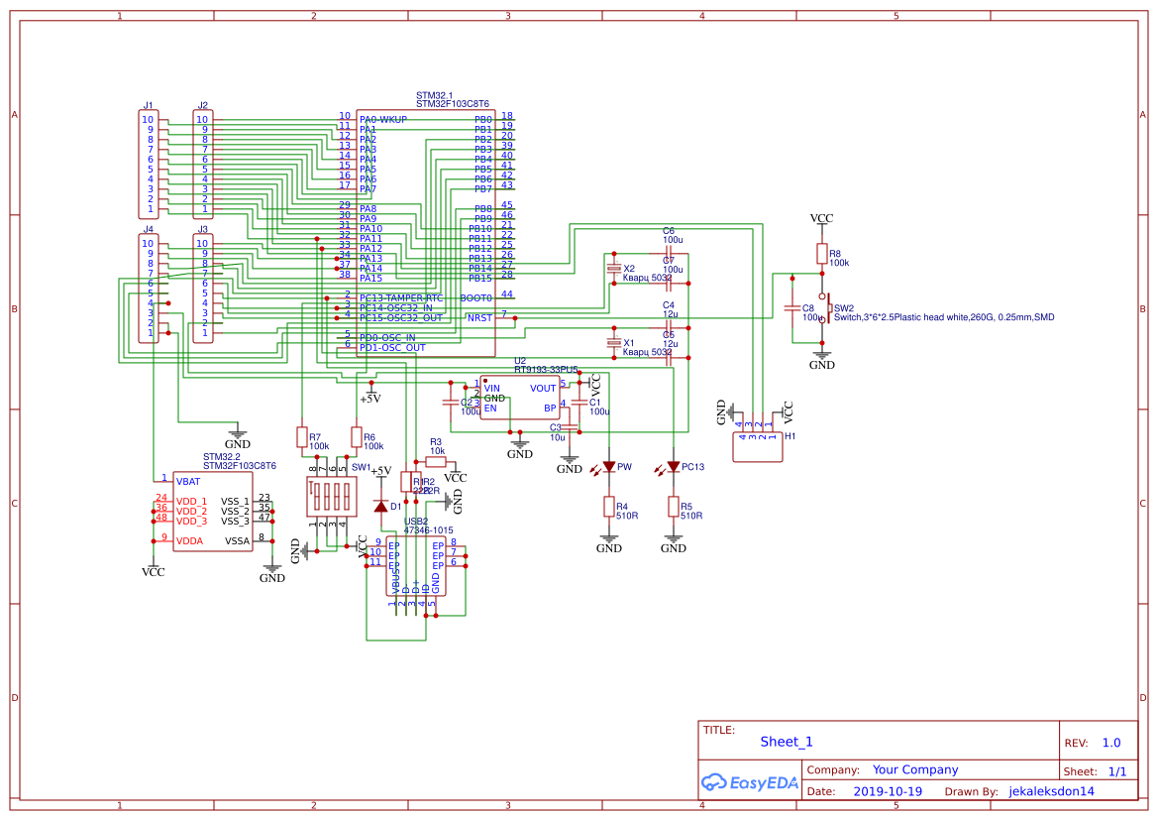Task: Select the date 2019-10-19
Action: (x=887, y=792)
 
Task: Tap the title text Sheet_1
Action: (x=787, y=742)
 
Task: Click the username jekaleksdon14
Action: (x=1051, y=792)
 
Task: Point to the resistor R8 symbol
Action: (x=821, y=254)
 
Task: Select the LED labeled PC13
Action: (x=674, y=467)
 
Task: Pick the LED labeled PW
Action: (x=608, y=467)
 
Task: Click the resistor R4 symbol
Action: (x=608, y=507)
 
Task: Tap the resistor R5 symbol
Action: (x=674, y=507)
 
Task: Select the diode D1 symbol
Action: (x=380, y=506)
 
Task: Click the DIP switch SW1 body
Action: (x=329, y=495)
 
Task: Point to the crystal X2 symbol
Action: (x=613, y=270)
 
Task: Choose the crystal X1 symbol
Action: (x=613, y=344)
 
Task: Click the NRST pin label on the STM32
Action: (x=479, y=318)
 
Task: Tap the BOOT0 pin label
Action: (x=476, y=297)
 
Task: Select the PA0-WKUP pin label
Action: (x=383, y=120)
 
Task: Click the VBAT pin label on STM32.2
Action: (x=188, y=481)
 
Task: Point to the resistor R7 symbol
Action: (x=301, y=437)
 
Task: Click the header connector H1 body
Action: (x=758, y=447)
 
